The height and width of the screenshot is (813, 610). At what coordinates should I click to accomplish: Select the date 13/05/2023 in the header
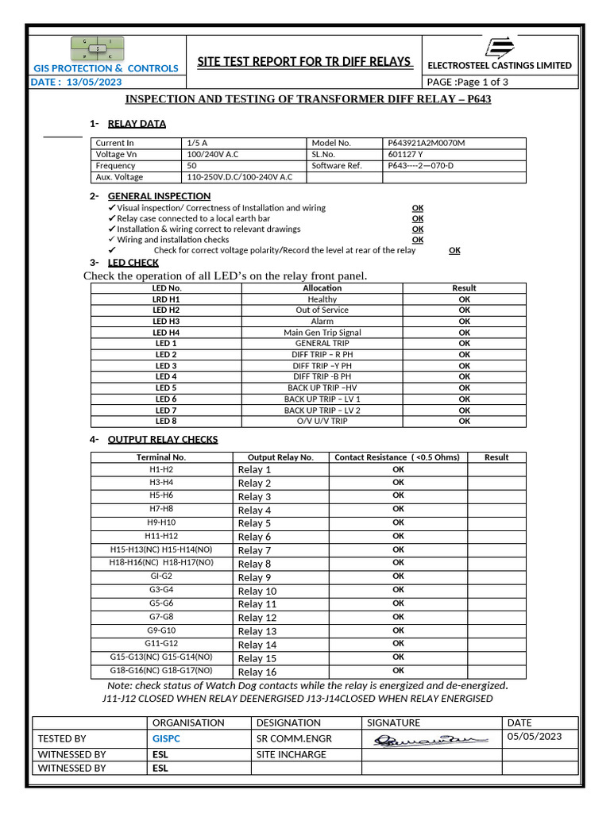pyautogui.click(x=94, y=82)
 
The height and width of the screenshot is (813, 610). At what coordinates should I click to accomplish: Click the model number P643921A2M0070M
pyautogui.click(x=427, y=143)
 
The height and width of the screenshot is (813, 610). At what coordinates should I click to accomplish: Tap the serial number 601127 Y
pyautogui.click(x=405, y=154)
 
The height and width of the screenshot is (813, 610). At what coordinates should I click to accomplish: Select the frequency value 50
pyautogui.click(x=191, y=166)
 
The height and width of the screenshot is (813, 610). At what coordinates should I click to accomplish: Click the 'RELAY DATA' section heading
pyautogui.click(x=137, y=124)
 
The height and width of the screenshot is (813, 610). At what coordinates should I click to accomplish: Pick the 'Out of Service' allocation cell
pyautogui.click(x=322, y=310)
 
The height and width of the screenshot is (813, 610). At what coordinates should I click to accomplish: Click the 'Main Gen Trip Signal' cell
pyautogui.click(x=322, y=333)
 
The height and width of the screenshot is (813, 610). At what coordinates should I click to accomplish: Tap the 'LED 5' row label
pyautogui.click(x=166, y=387)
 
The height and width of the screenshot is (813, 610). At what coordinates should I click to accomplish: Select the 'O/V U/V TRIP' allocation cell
pyautogui.click(x=322, y=421)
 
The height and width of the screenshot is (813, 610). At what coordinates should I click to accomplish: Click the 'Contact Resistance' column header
pyautogui.click(x=397, y=457)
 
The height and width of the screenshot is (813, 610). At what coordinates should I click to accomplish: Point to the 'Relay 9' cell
pyautogui.click(x=254, y=577)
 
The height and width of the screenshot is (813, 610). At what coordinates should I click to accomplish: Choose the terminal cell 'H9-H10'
pyautogui.click(x=161, y=522)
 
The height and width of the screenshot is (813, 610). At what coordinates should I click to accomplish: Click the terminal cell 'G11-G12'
pyautogui.click(x=161, y=643)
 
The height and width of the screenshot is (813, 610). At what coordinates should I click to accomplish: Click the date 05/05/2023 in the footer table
pyautogui.click(x=534, y=736)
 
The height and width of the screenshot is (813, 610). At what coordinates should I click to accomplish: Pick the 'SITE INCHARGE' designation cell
pyautogui.click(x=291, y=754)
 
